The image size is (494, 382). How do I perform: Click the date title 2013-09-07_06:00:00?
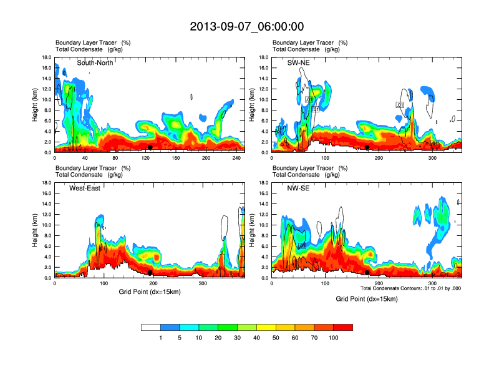point(247,26)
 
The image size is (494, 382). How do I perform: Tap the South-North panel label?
point(95,63)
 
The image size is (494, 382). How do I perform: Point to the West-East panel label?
point(86,189)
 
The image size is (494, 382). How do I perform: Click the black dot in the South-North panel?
point(150,147)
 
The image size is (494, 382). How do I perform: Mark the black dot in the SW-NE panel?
point(367,147)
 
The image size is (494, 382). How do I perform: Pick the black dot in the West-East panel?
point(150,273)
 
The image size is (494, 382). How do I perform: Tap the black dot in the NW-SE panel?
point(367,273)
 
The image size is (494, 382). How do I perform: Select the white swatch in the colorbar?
point(151,327)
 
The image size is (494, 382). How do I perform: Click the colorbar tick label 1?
point(161,338)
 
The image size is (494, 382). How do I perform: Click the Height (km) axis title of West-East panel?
point(35,230)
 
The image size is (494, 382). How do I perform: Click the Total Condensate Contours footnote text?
point(410,288)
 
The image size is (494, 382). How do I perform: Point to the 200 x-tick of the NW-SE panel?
point(379,283)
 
